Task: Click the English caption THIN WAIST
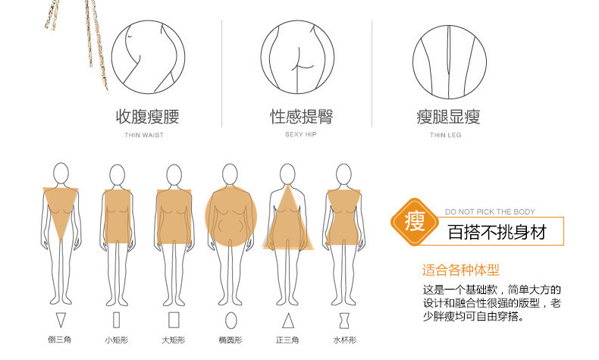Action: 144,135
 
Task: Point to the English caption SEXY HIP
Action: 301,134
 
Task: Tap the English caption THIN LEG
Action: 445,135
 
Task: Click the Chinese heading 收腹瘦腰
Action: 147,117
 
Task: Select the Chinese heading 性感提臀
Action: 302,117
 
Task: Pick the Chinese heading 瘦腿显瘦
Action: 448,117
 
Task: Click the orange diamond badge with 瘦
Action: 415,222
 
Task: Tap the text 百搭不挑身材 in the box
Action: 497,232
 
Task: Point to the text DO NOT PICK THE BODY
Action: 490,212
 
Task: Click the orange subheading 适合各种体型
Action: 461,270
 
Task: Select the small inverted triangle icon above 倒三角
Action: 61,319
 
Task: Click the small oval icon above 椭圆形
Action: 231,321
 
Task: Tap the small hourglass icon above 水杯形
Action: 344,321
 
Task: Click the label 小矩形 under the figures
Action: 117,340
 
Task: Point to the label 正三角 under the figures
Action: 287,340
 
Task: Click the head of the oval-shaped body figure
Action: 230,174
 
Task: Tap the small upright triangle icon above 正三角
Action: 288,321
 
